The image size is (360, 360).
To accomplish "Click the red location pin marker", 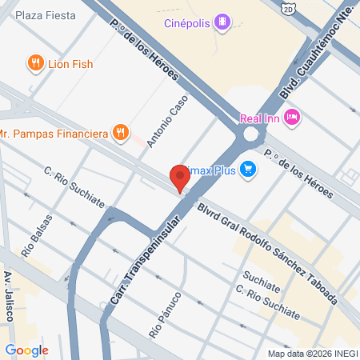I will (178, 178).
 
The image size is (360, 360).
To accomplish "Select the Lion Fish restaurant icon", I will (35, 62).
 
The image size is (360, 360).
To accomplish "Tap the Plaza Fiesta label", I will (46, 15).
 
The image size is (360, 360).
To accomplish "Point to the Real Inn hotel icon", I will (292, 118).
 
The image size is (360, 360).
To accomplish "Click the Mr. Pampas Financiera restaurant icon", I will (120, 132).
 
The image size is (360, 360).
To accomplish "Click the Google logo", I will (26, 350).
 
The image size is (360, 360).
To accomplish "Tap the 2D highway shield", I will (289, 9).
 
